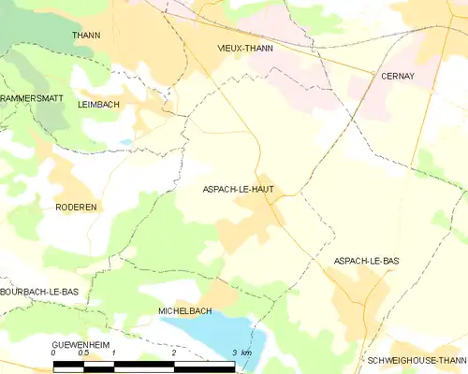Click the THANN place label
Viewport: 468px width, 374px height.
[86, 35]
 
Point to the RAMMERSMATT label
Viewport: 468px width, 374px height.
[29, 97]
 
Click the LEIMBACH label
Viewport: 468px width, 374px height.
[98, 105]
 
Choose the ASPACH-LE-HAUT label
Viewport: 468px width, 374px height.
[238, 189]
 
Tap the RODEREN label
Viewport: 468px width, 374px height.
[76, 207]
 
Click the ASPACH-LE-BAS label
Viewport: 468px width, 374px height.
[366, 261]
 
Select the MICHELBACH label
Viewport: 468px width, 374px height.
[184, 310]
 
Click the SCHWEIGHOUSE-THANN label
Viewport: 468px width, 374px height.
[417, 360]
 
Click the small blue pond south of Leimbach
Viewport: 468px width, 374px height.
[125, 142]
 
